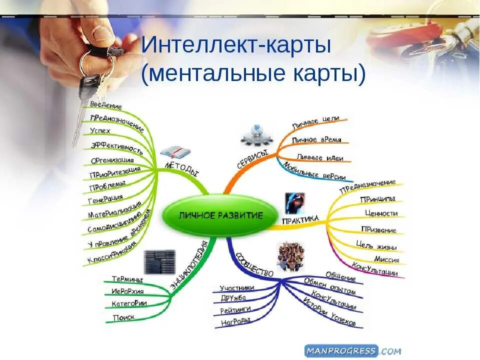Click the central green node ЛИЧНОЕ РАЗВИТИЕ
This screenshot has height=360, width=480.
[x=220, y=215]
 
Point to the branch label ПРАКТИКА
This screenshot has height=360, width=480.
[x=300, y=220]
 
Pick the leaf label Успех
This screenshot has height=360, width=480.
[x=100, y=131]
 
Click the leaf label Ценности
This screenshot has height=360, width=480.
[x=381, y=213]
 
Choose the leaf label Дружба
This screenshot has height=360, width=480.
[x=233, y=298]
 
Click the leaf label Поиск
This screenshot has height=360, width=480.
[x=123, y=317]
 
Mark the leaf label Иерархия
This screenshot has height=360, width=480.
[x=127, y=291]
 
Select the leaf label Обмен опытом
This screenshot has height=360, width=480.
[x=329, y=287]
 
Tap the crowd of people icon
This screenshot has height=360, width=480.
[x=291, y=256]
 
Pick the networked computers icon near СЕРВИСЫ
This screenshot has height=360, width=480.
[x=255, y=134]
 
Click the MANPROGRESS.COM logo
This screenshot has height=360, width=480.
[x=352, y=350]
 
